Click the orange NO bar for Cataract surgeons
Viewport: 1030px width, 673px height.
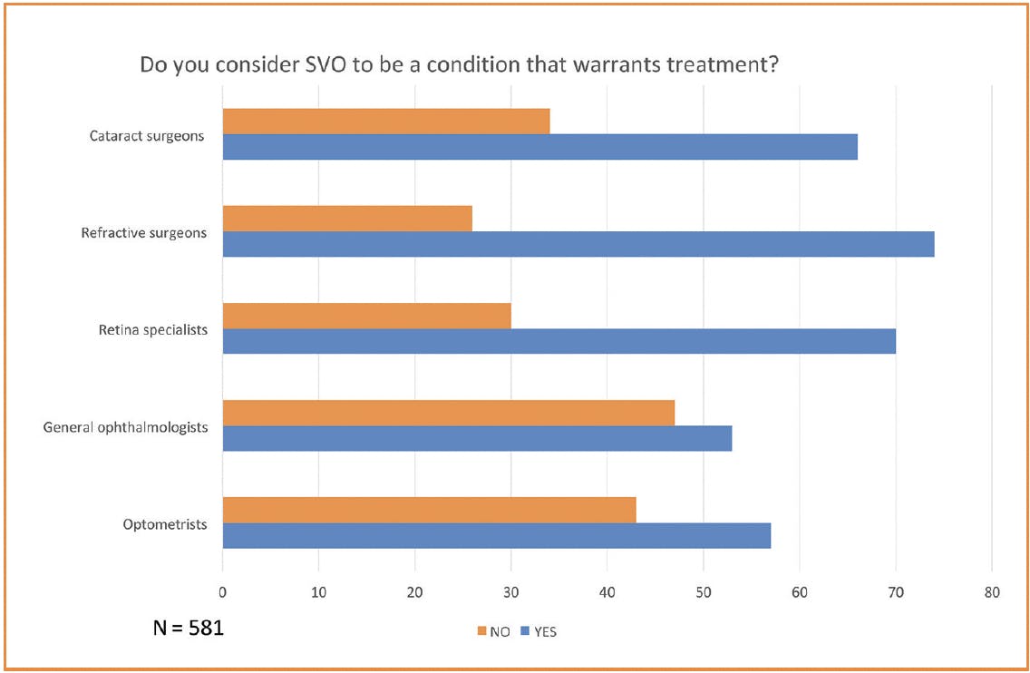(386, 122)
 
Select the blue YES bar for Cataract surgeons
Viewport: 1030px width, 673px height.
(539, 147)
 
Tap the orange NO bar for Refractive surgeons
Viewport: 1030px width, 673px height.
(347, 219)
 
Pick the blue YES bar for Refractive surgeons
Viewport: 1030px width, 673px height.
(578, 244)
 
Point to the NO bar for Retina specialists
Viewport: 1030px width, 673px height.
(366, 316)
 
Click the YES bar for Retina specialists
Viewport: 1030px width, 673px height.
(559, 341)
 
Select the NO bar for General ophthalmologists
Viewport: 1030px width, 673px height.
(448, 413)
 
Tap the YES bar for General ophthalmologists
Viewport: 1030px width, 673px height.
(477, 438)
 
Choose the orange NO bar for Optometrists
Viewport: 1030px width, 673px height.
(429, 510)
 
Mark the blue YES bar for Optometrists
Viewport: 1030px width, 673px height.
(496, 535)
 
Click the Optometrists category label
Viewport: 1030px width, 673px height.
(165, 524)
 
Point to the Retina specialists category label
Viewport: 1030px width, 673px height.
(152, 330)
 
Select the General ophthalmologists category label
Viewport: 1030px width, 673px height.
(125, 427)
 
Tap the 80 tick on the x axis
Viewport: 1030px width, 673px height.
(992, 593)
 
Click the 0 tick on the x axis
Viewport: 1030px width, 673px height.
(223, 593)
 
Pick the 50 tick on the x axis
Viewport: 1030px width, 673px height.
(704, 593)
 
